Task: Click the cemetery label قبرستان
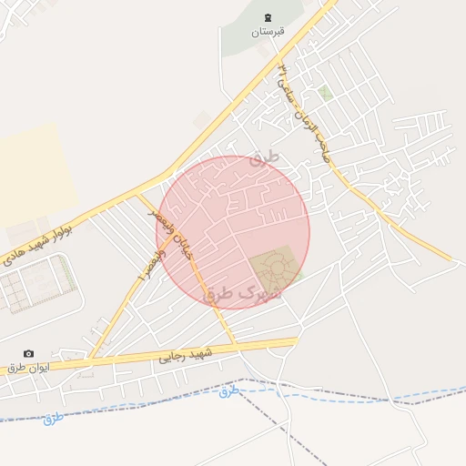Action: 268,32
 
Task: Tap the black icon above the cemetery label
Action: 268,17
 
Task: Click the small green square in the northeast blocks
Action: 325,92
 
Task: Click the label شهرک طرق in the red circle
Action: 243,294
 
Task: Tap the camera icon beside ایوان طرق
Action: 29,353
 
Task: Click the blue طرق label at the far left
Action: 56,418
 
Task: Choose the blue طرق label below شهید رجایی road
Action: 228,391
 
